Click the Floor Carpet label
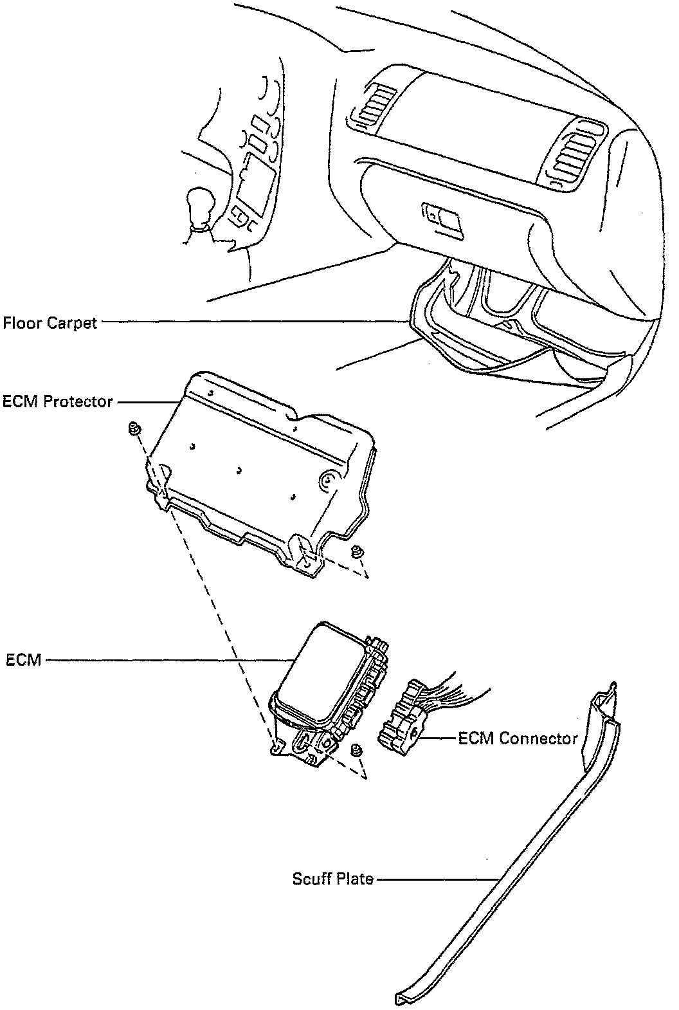pyautogui.click(x=50, y=322)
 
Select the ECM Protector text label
pyautogui.click(x=58, y=402)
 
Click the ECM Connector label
pyautogui.click(x=518, y=738)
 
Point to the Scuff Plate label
pyautogui.click(x=332, y=878)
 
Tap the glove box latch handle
pyautogui.click(x=443, y=216)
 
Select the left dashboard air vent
pyautogui.click(x=377, y=106)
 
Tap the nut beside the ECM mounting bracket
pyautogui.click(x=356, y=749)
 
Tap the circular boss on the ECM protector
pyautogui.click(x=328, y=479)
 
